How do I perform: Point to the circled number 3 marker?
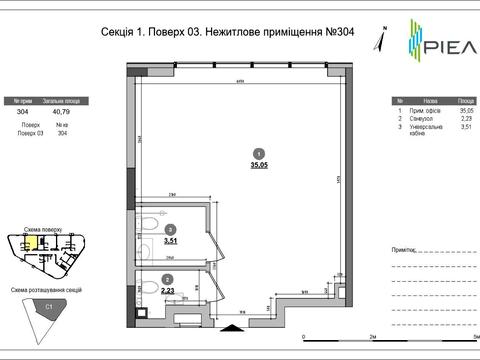171,228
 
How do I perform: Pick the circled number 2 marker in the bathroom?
167,278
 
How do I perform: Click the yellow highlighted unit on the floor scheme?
31,240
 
